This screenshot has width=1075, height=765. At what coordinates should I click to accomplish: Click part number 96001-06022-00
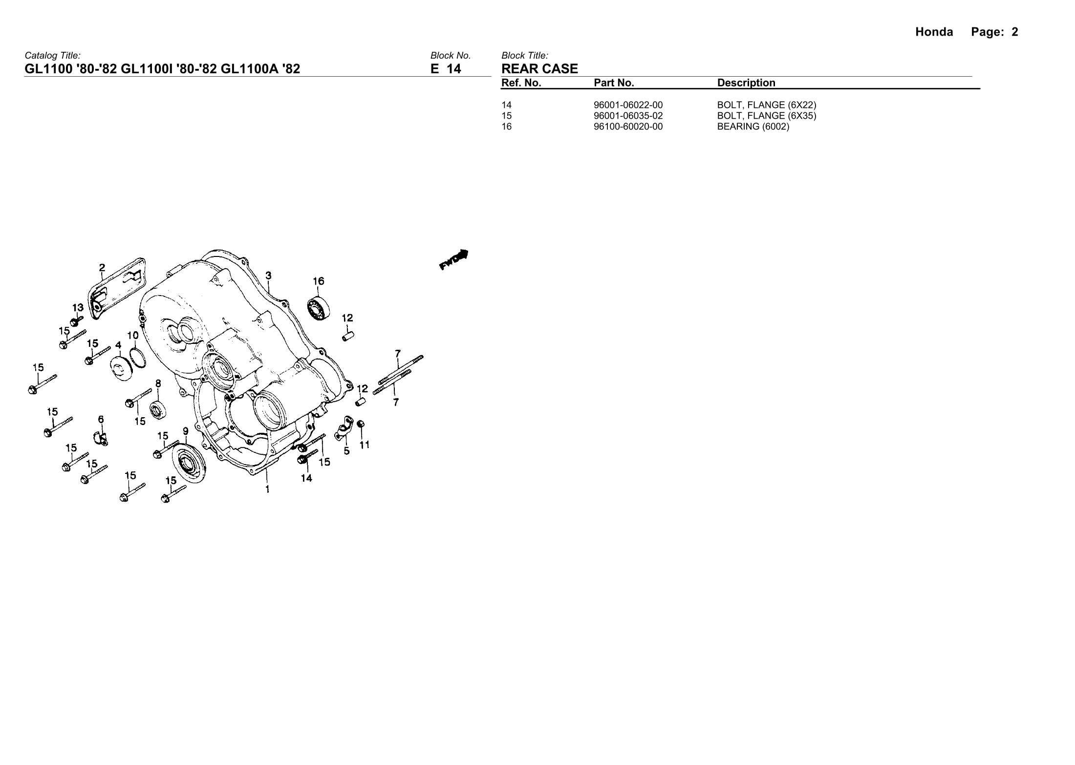pos(628,105)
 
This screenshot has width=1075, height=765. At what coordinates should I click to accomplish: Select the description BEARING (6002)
pos(753,127)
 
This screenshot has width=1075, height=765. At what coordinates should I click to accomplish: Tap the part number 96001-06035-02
pos(628,116)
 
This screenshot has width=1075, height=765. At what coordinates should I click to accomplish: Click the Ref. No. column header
pos(521,83)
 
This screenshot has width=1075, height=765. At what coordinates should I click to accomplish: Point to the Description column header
pos(746,83)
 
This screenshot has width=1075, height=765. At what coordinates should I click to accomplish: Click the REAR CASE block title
pos(539,69)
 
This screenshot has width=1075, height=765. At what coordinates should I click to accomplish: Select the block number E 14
pos(446,69)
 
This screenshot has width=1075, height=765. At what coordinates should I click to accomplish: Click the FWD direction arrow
pos(454,259)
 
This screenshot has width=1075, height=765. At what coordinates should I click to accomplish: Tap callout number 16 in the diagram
pos(318,281)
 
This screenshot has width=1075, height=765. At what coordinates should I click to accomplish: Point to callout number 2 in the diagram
pos(102,267)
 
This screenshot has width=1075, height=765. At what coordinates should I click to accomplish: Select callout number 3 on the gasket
pos(269,276)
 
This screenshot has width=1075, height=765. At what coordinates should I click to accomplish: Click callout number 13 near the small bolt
pos(78,308)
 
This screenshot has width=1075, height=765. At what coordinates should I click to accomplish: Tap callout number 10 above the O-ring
pos(133,336)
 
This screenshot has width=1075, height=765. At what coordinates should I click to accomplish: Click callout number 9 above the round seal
pos(186,431)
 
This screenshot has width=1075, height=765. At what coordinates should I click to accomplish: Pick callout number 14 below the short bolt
pos(306,478)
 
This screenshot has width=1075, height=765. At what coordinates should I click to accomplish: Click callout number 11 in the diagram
pos(365,445)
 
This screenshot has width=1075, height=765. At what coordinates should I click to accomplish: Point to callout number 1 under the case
pos(267,489)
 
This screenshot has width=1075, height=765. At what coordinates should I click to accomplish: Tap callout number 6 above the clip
pos(101,419)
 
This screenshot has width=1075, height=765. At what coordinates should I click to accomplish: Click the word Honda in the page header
pos(934,32)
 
